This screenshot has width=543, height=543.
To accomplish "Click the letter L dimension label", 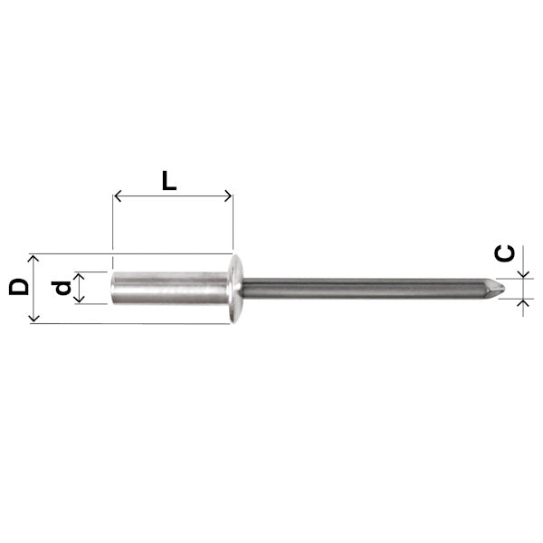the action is coord(169,181).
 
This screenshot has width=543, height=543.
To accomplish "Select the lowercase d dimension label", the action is coord(62,288).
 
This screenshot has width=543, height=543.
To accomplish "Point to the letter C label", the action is coord(504,253).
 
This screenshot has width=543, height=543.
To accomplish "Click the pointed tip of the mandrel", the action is coord(505,289).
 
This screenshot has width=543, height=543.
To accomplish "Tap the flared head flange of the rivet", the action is coord(235,289).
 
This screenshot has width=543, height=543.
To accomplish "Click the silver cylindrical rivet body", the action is coord(170,288).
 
